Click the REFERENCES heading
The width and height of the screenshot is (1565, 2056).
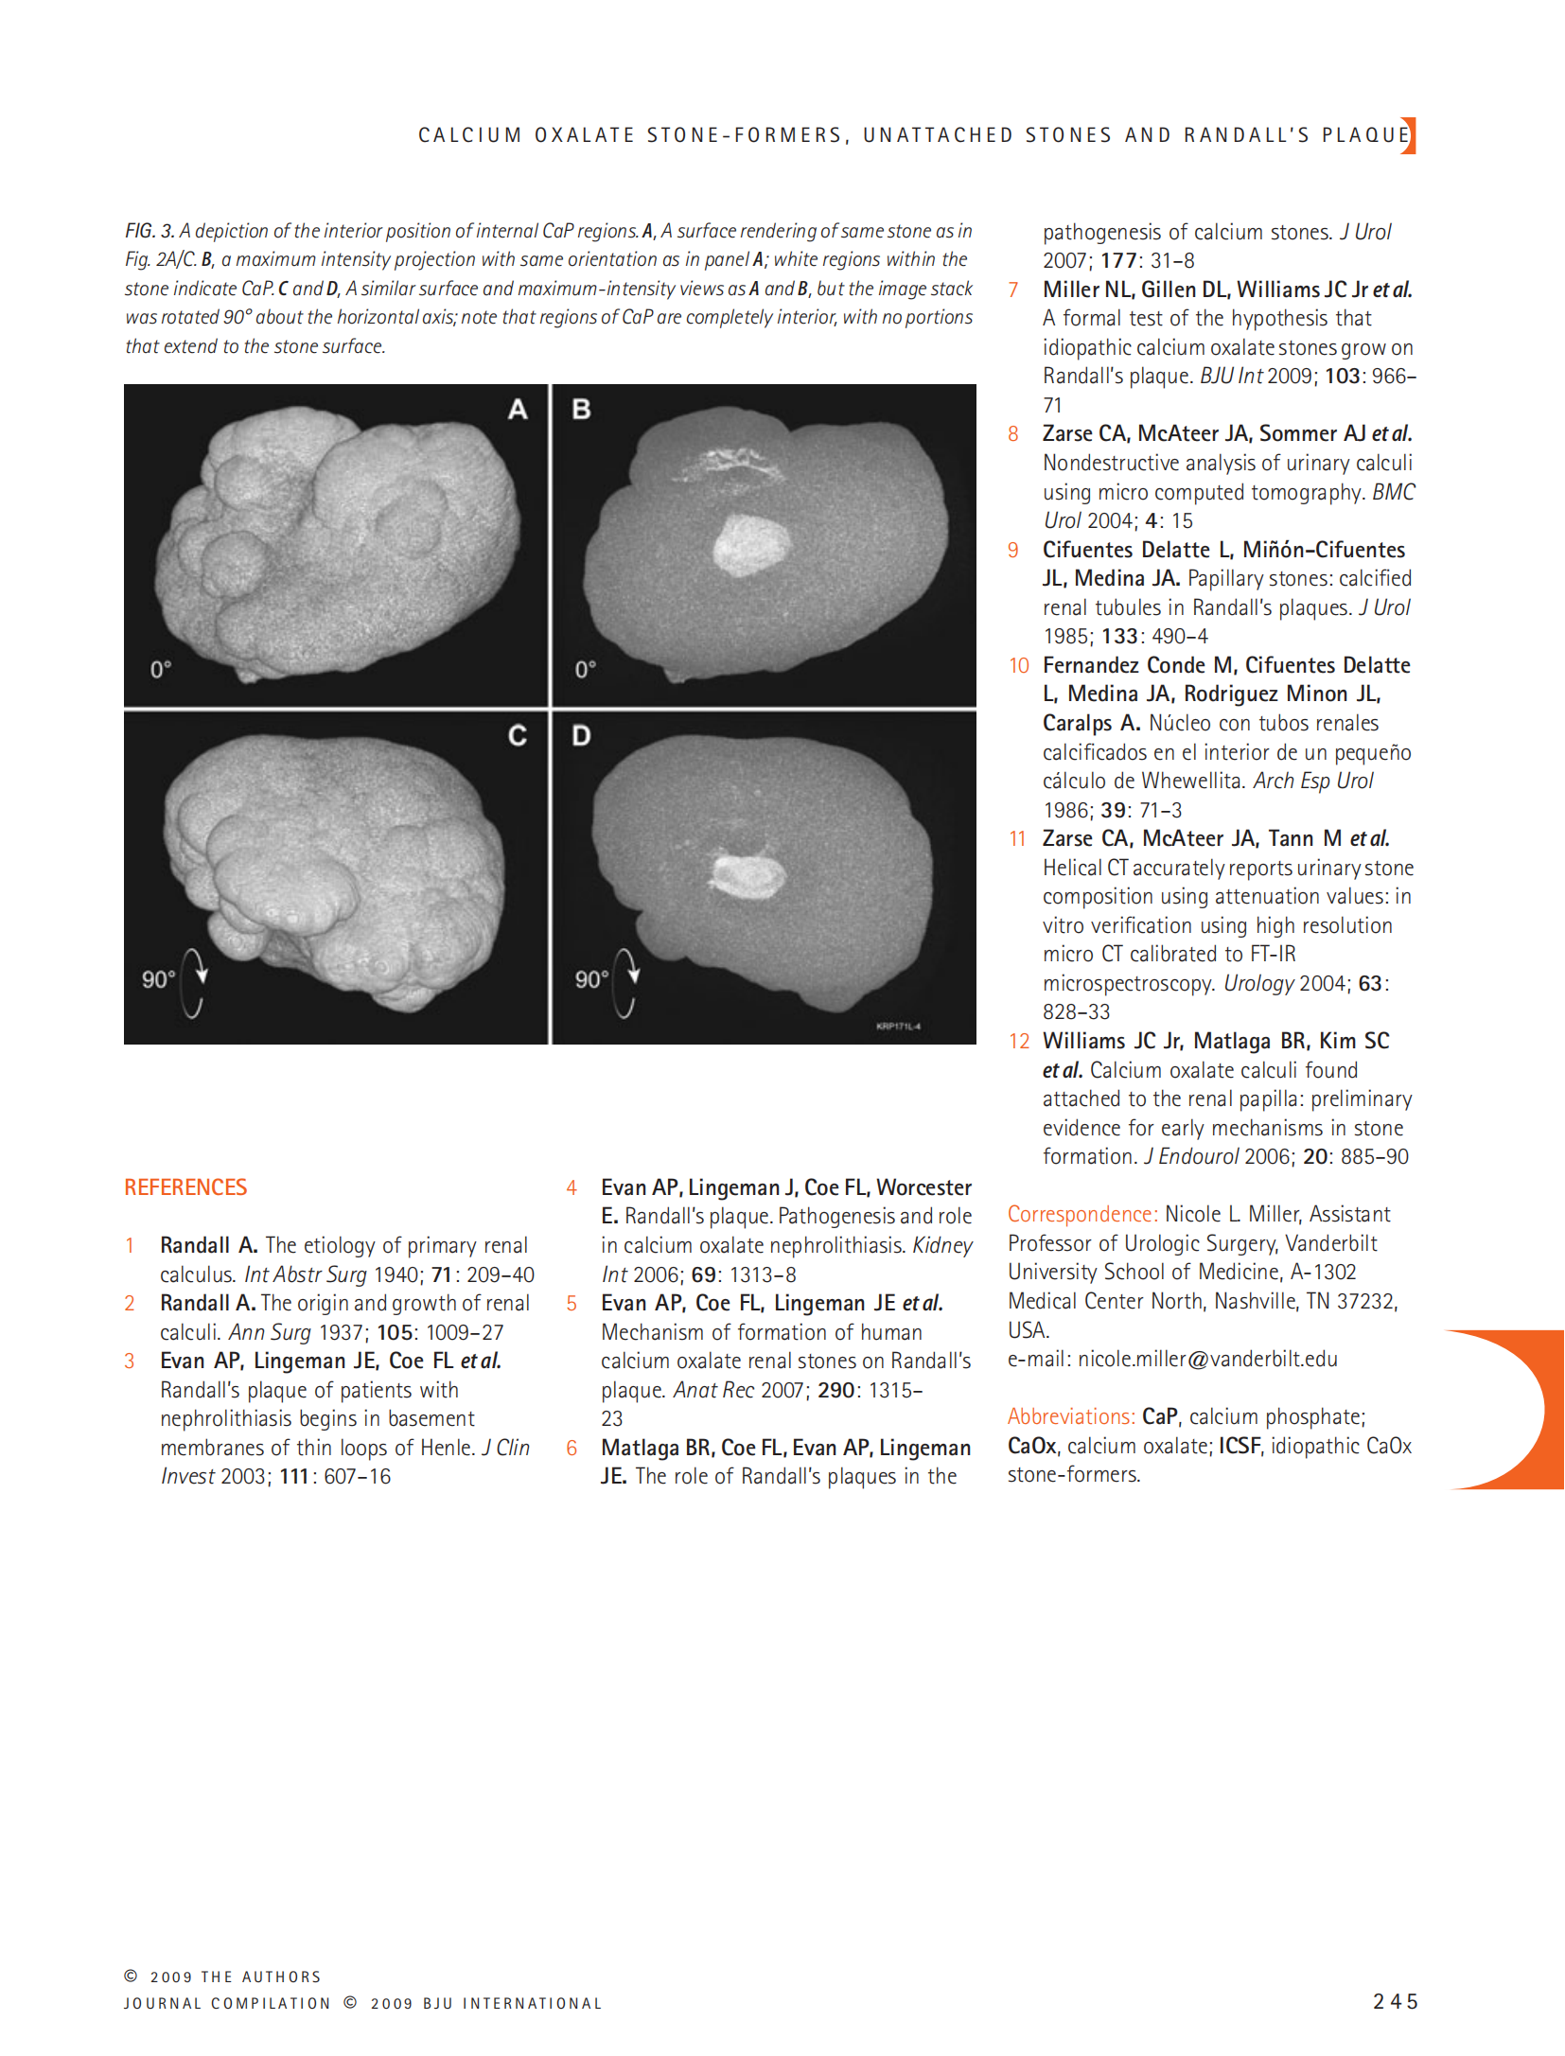185,1187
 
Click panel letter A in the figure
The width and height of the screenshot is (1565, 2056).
517,410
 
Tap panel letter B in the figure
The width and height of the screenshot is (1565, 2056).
581,410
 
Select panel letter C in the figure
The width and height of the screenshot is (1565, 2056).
517,735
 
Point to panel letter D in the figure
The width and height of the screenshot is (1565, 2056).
581,735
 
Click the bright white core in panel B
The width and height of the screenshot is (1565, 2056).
750,547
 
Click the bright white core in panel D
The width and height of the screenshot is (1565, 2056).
748,875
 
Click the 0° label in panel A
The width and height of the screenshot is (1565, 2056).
161,670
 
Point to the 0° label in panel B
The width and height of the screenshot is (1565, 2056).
586,670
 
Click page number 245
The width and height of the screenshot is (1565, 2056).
1396,2001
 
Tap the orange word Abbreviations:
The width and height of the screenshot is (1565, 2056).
1070,1416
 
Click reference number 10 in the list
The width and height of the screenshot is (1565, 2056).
1018,666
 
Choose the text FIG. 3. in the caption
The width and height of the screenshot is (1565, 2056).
149,231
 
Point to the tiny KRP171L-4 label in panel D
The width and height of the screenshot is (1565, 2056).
898,1027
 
